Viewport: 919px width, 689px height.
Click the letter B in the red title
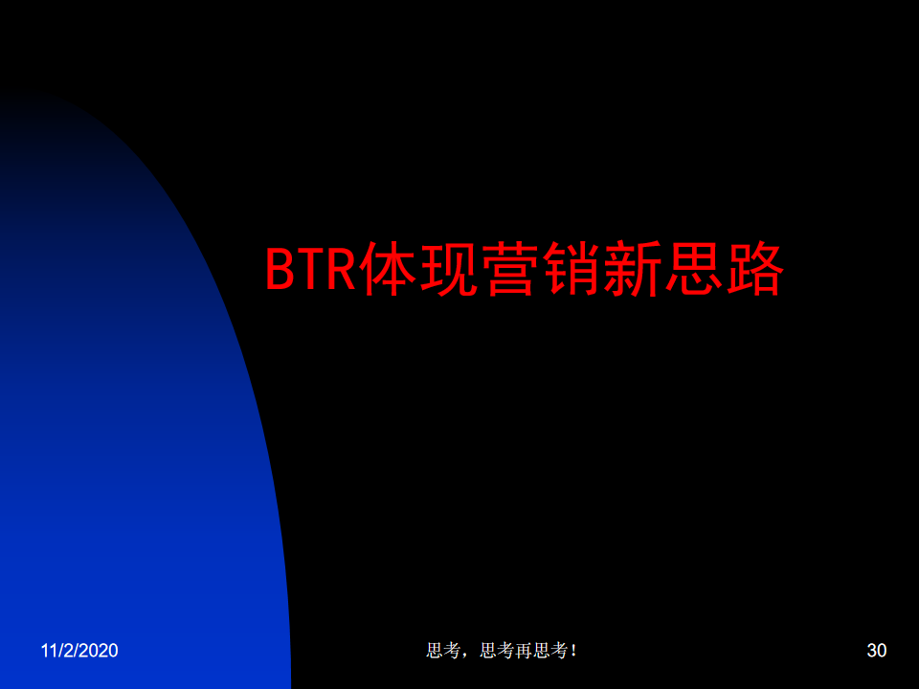point(280,269)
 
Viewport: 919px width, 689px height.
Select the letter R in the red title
point(341,269)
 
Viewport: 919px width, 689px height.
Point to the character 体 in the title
point(388,269)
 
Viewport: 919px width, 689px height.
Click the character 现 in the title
point(449,269)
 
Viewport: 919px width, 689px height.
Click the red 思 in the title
point(694,269)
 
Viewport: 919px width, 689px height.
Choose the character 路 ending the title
point(755,269)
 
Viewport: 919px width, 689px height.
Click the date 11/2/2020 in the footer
point(79,651)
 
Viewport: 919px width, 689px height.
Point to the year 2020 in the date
point(101,651)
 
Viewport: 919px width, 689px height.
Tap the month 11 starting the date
point(48,651)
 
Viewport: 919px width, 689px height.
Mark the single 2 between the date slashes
point(69,651)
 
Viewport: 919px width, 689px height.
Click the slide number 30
point(876,651)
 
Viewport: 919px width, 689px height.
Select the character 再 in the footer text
point(524,651)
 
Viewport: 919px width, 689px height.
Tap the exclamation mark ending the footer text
point(573,651)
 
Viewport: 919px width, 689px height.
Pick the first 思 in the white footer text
point(435,651)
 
